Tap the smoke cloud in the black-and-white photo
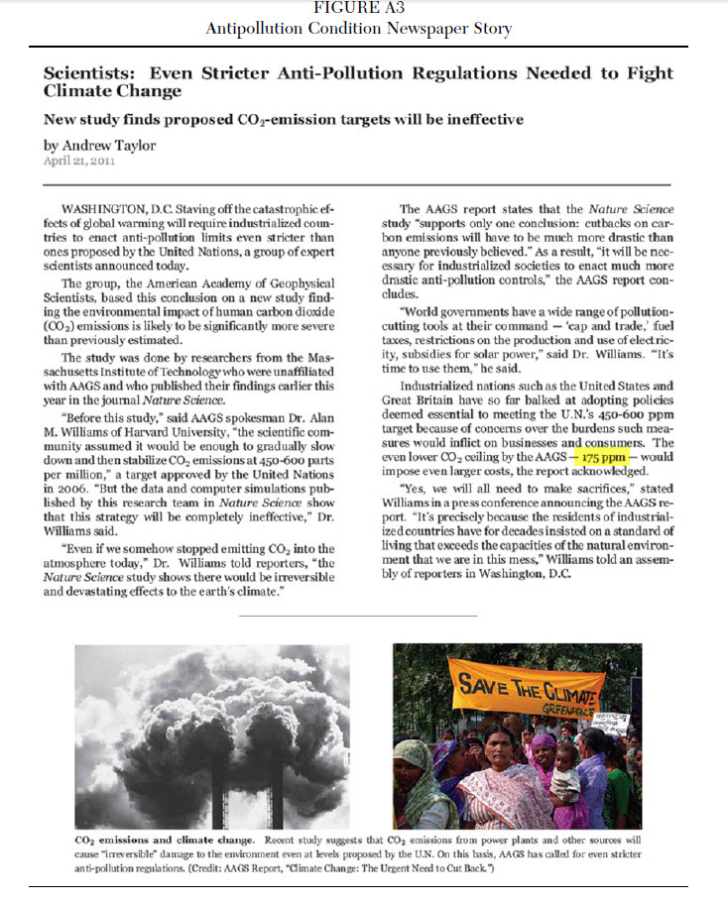179,724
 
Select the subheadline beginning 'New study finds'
283,119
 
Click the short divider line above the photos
358,616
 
